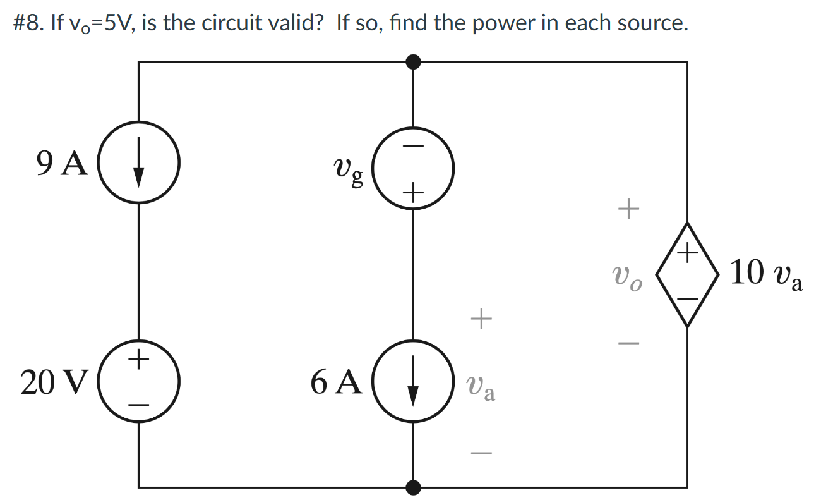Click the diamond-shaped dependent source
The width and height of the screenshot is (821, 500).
click(687, 274)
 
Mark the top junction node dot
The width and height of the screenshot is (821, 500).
click(413, 62)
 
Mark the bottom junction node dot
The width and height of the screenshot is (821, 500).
click(413, 487)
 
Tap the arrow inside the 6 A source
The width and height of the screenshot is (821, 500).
click(413, 382)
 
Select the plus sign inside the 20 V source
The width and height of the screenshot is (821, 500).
click(140, 360)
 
